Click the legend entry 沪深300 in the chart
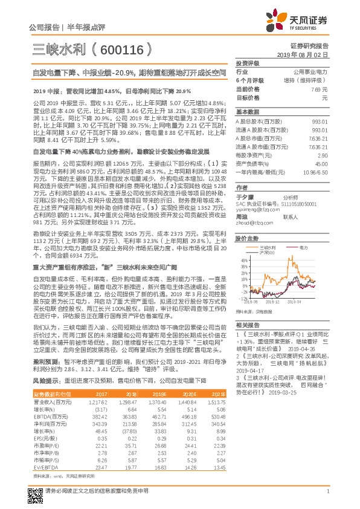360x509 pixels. pos(265,251)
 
